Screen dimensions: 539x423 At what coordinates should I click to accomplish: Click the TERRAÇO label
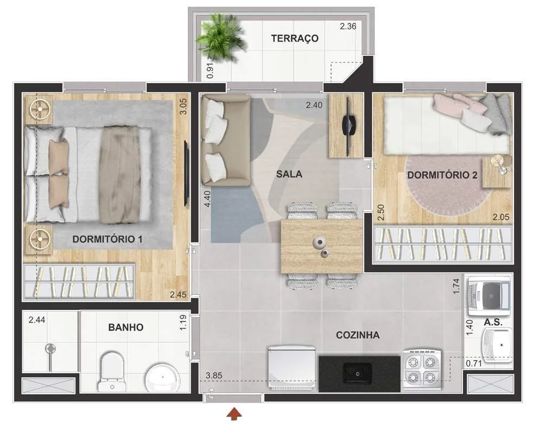point(295,38)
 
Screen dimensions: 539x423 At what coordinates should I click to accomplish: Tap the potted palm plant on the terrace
point(221,37)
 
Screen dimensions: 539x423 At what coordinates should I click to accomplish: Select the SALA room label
point(289,174)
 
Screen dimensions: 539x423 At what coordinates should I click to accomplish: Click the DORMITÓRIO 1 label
point(107,239)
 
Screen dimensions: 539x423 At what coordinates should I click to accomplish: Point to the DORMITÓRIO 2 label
point(442,175)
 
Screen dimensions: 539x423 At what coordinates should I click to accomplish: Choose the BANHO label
point(126,327)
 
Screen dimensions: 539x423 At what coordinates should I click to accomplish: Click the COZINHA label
point(358,335)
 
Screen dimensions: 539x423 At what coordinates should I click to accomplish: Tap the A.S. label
point(493,322)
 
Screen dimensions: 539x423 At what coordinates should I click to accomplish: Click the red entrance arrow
point(235,414)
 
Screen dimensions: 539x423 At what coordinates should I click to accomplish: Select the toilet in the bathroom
point(112,371)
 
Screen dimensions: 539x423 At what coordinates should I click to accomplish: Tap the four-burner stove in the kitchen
point(422,370)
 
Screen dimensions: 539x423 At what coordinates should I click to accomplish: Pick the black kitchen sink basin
point(358,374)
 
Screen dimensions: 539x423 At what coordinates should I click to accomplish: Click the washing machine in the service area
point(489,295)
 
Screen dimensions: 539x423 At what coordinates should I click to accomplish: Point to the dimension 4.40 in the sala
point(207,199)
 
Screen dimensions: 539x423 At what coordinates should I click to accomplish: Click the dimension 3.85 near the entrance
point(213,376)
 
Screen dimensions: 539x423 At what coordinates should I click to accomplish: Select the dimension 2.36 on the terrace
point(348,26)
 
